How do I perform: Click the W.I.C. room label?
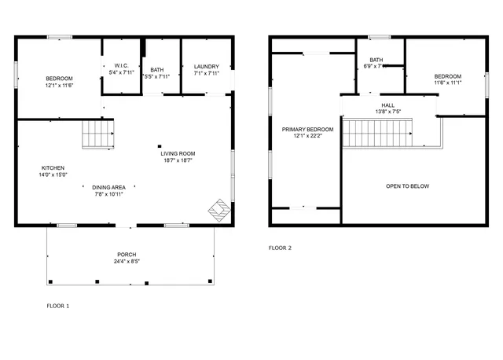tap(121, 65)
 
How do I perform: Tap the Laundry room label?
tap(207, 67)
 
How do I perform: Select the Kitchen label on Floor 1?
tap(53, 167)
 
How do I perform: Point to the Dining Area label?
tap(109, 187)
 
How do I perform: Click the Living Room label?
tap(178, 153)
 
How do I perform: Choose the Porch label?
tap(127, 255)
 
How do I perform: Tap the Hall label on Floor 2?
tap(388, 105)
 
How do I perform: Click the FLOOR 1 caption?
tap(57, 305)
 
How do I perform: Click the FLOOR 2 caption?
tap(280, 248)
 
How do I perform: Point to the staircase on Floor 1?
tap(99, 134)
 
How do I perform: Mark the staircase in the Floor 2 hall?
tap(376, 133)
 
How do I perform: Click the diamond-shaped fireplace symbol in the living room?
tap(218, 209)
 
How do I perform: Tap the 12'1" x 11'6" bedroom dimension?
tap(59, 85)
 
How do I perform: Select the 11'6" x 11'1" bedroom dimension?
tap(448, 83)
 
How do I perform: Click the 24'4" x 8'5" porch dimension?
tap(127, 262)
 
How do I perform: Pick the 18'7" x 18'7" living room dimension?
tap(178, 160)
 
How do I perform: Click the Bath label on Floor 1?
tap(157, 69)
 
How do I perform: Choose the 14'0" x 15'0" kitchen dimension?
tap(54, 174)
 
